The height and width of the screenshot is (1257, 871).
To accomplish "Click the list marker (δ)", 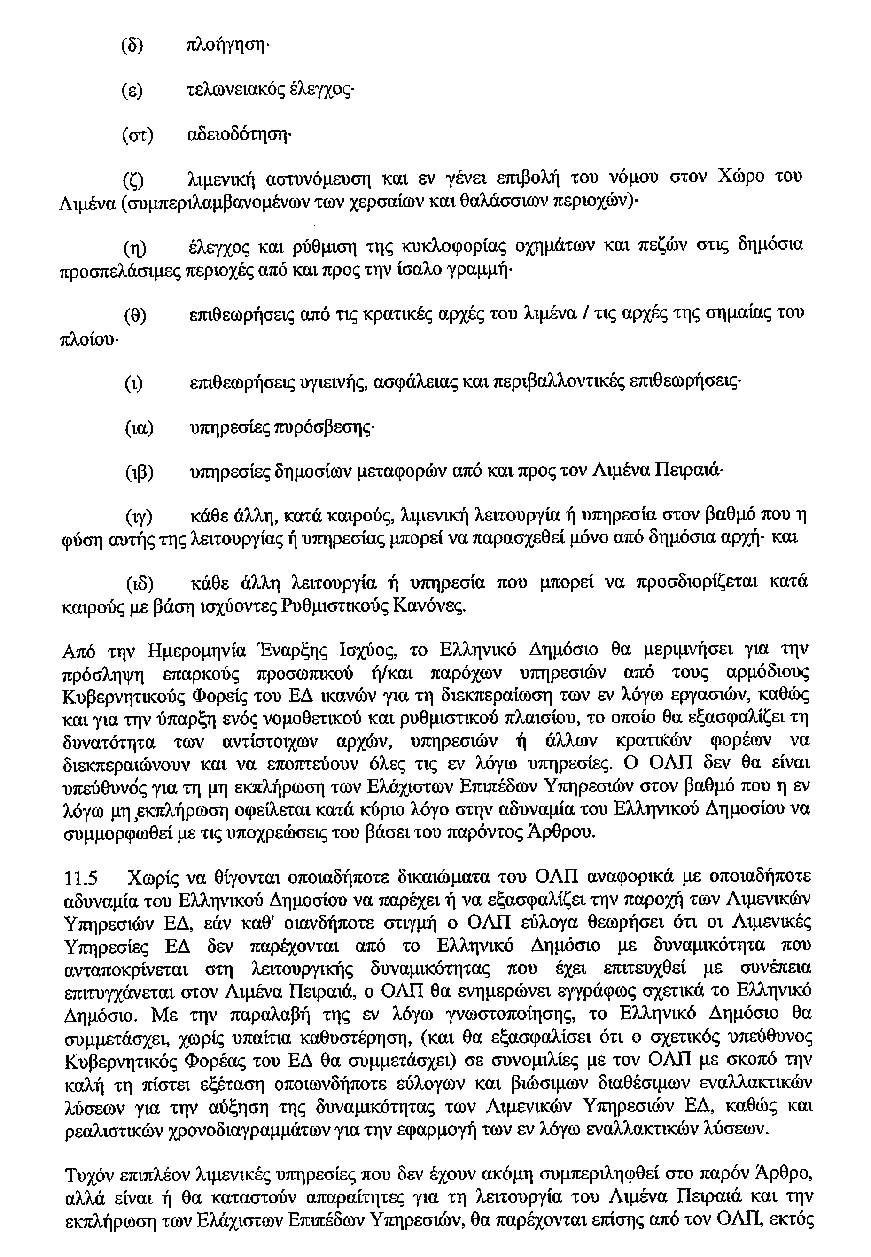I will point(132,46).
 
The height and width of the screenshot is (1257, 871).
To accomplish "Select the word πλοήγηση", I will point(227,47).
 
